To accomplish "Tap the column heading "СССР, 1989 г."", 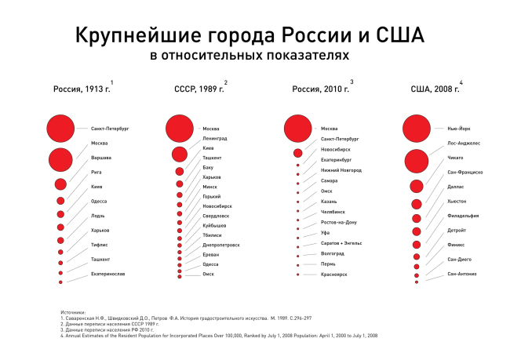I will pos(199,89).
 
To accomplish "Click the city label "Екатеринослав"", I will pos(108,274).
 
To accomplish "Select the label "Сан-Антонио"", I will pos(462,274).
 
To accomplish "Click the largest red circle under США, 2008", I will pos(417,128).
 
